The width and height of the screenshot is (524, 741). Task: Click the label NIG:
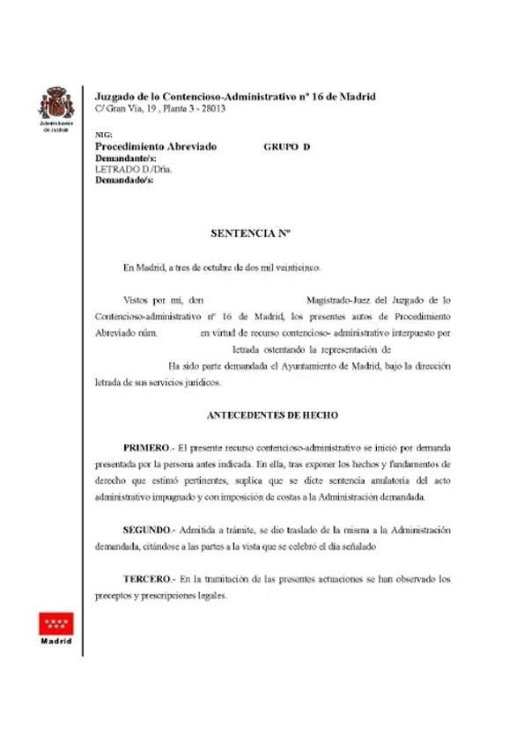[103, 135]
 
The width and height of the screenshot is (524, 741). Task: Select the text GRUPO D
[287, 147]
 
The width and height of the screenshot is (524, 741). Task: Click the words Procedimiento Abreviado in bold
[155, 147]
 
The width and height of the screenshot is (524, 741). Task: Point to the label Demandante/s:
[124, 158]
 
